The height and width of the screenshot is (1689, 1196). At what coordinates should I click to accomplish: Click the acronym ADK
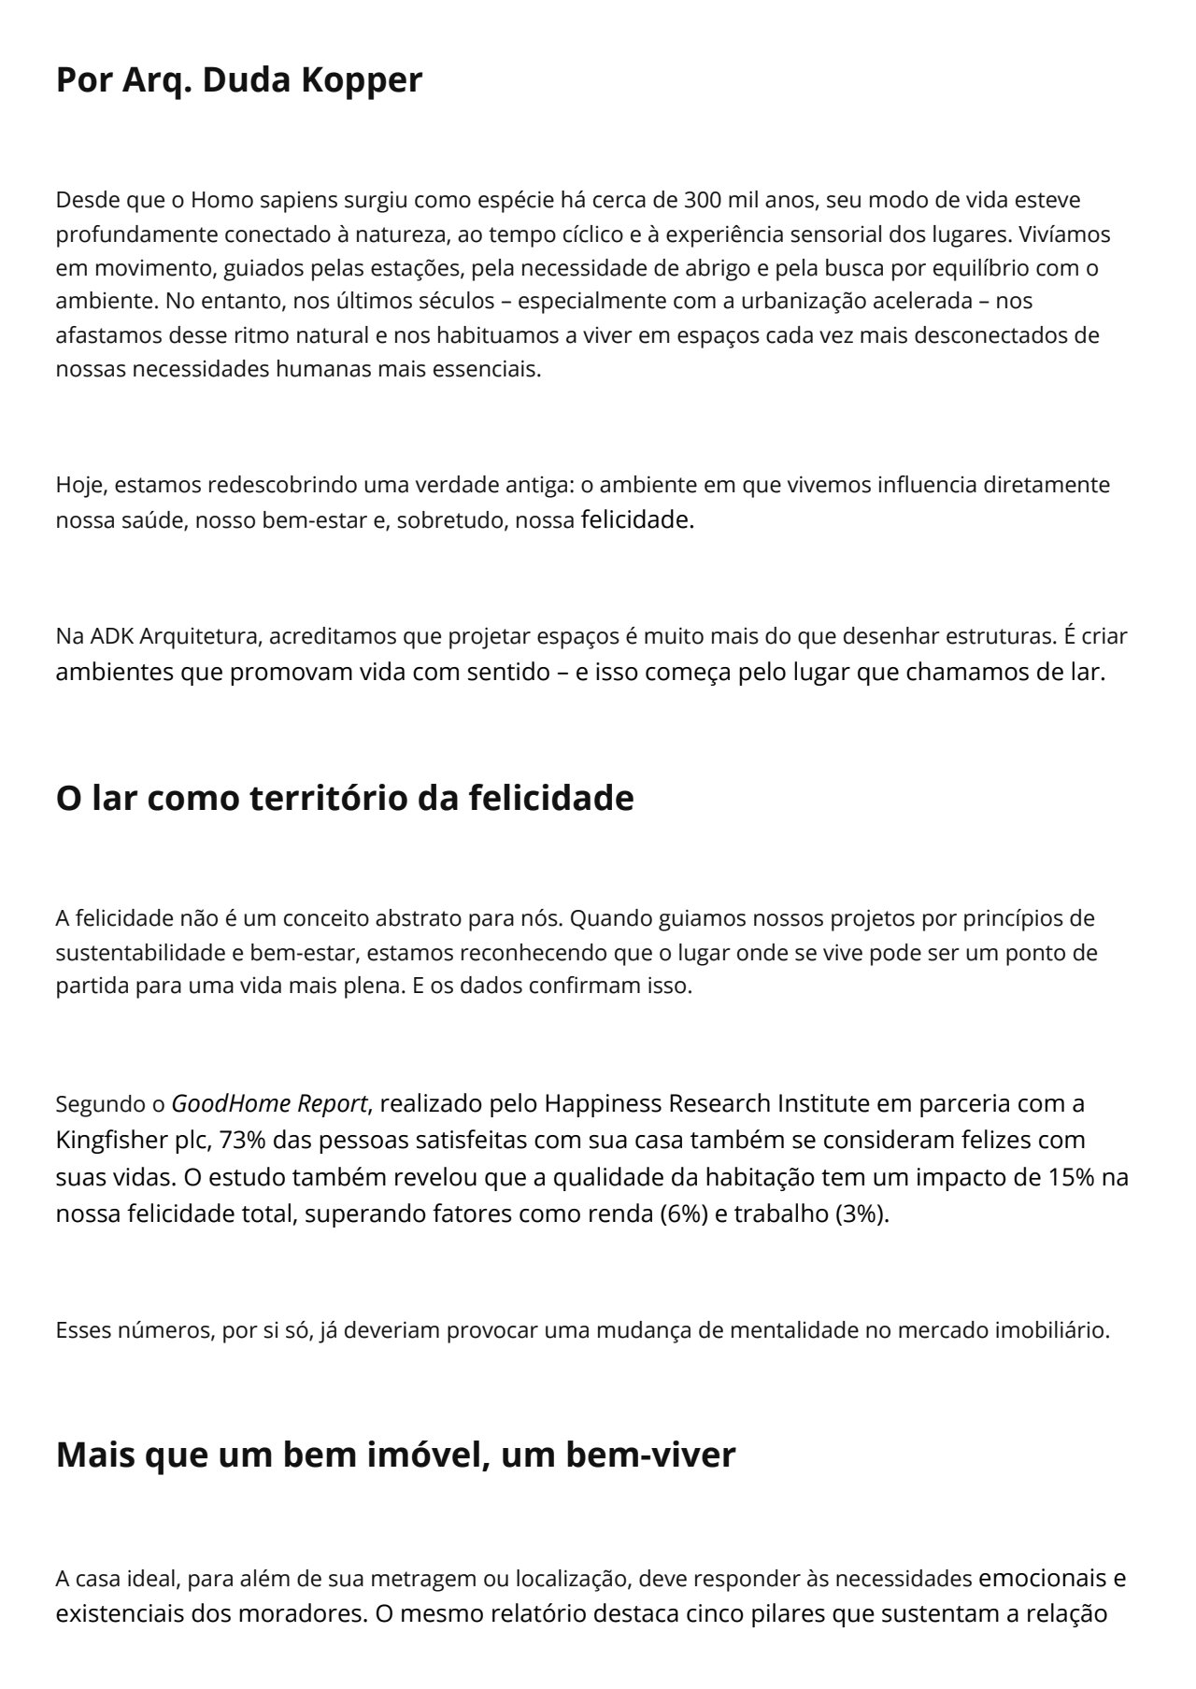112,637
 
